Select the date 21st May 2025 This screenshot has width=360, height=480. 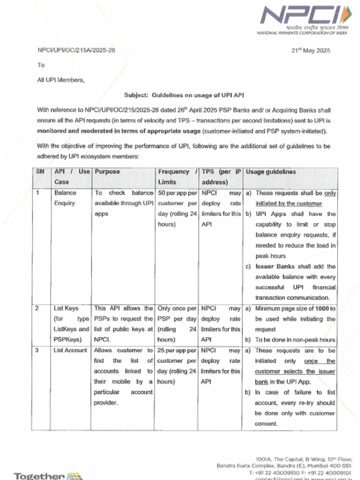[x=311, y=51]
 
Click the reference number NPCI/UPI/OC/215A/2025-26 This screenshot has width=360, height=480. [x=76, y=51]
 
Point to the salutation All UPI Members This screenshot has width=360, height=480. [x=61, y=80]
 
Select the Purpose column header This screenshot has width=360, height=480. [x=107, y=172]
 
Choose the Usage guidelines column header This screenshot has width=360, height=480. [x=271, y=172]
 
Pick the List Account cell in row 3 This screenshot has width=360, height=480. [x=70, y=350]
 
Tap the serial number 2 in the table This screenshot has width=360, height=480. [x=37, y=308]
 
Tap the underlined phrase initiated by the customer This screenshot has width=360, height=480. [x=289, y=203]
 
